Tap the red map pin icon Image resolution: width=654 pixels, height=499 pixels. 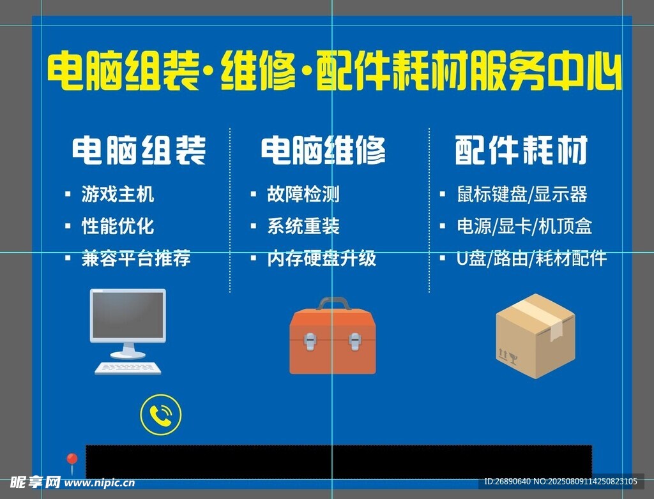pyautogui.click(x=72, y=461)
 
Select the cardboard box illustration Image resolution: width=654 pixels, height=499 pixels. pyautogui.click(x=536, y=336)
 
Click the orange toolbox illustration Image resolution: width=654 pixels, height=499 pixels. pyautogui.click(x=332, y=336)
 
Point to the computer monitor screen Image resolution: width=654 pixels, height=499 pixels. pyautogui.click(x=128, y=315)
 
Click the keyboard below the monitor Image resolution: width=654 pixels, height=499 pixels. pyautogui.click(x=128, y=368)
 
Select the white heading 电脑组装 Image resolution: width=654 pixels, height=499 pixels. pyautogui.click(x=139, y=150)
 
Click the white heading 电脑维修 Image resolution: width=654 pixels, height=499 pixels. pyautogui.click(x=323, y=150)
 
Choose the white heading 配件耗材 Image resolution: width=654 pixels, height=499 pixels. pyautogui.click(x=521, y=150)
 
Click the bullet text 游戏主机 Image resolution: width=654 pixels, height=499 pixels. pyautogui.click(x=118, y=194)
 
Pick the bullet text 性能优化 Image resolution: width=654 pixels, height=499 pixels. pyautogui.click(x=118, y=227)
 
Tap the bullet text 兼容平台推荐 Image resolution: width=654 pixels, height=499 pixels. pyautogui.click(x=136, y=258)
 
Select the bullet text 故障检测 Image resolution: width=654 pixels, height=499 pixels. pyautogui.click(x=303, y=194)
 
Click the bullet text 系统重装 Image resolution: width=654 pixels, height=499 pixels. pyautogui.click(x=303, y=227)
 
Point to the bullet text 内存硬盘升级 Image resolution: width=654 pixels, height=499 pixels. pyautogui.click(x=322, y=258)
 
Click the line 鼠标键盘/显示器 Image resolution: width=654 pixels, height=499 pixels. pyautogui.click(x=522, y=194)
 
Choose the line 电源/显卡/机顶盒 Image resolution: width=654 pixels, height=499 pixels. pyautogui.click(x=524, y=227)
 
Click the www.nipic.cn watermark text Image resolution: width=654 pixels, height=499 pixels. pyautogui.click(x=100, y=483)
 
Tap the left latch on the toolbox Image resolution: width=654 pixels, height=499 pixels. pyautogui.click(x=310, y=341)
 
